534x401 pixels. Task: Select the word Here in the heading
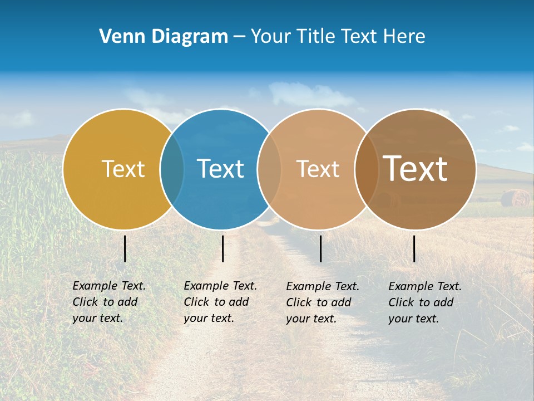pos(405,37)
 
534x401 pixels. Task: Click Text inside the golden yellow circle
pos(123,169)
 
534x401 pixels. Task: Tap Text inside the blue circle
pos(220,169)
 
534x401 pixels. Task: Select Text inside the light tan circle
pos(318,169)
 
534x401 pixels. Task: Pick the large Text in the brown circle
pos(415,169)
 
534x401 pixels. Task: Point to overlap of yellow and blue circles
pos(172,169)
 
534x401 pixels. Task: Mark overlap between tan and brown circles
pos(366,169)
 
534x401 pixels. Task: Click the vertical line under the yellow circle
pos(125,248)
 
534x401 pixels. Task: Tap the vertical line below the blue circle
pos(222,248)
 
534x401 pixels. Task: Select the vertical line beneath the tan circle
pos(321,248)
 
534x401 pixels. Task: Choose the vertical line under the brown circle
pos(414,248)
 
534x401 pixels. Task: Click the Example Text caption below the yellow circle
pos(108,302)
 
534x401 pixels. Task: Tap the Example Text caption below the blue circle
pos(220,302)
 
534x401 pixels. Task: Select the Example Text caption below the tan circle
pos(322,302)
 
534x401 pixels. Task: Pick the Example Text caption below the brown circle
pos(424,302)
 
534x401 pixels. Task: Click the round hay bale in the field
pos(515,198)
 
